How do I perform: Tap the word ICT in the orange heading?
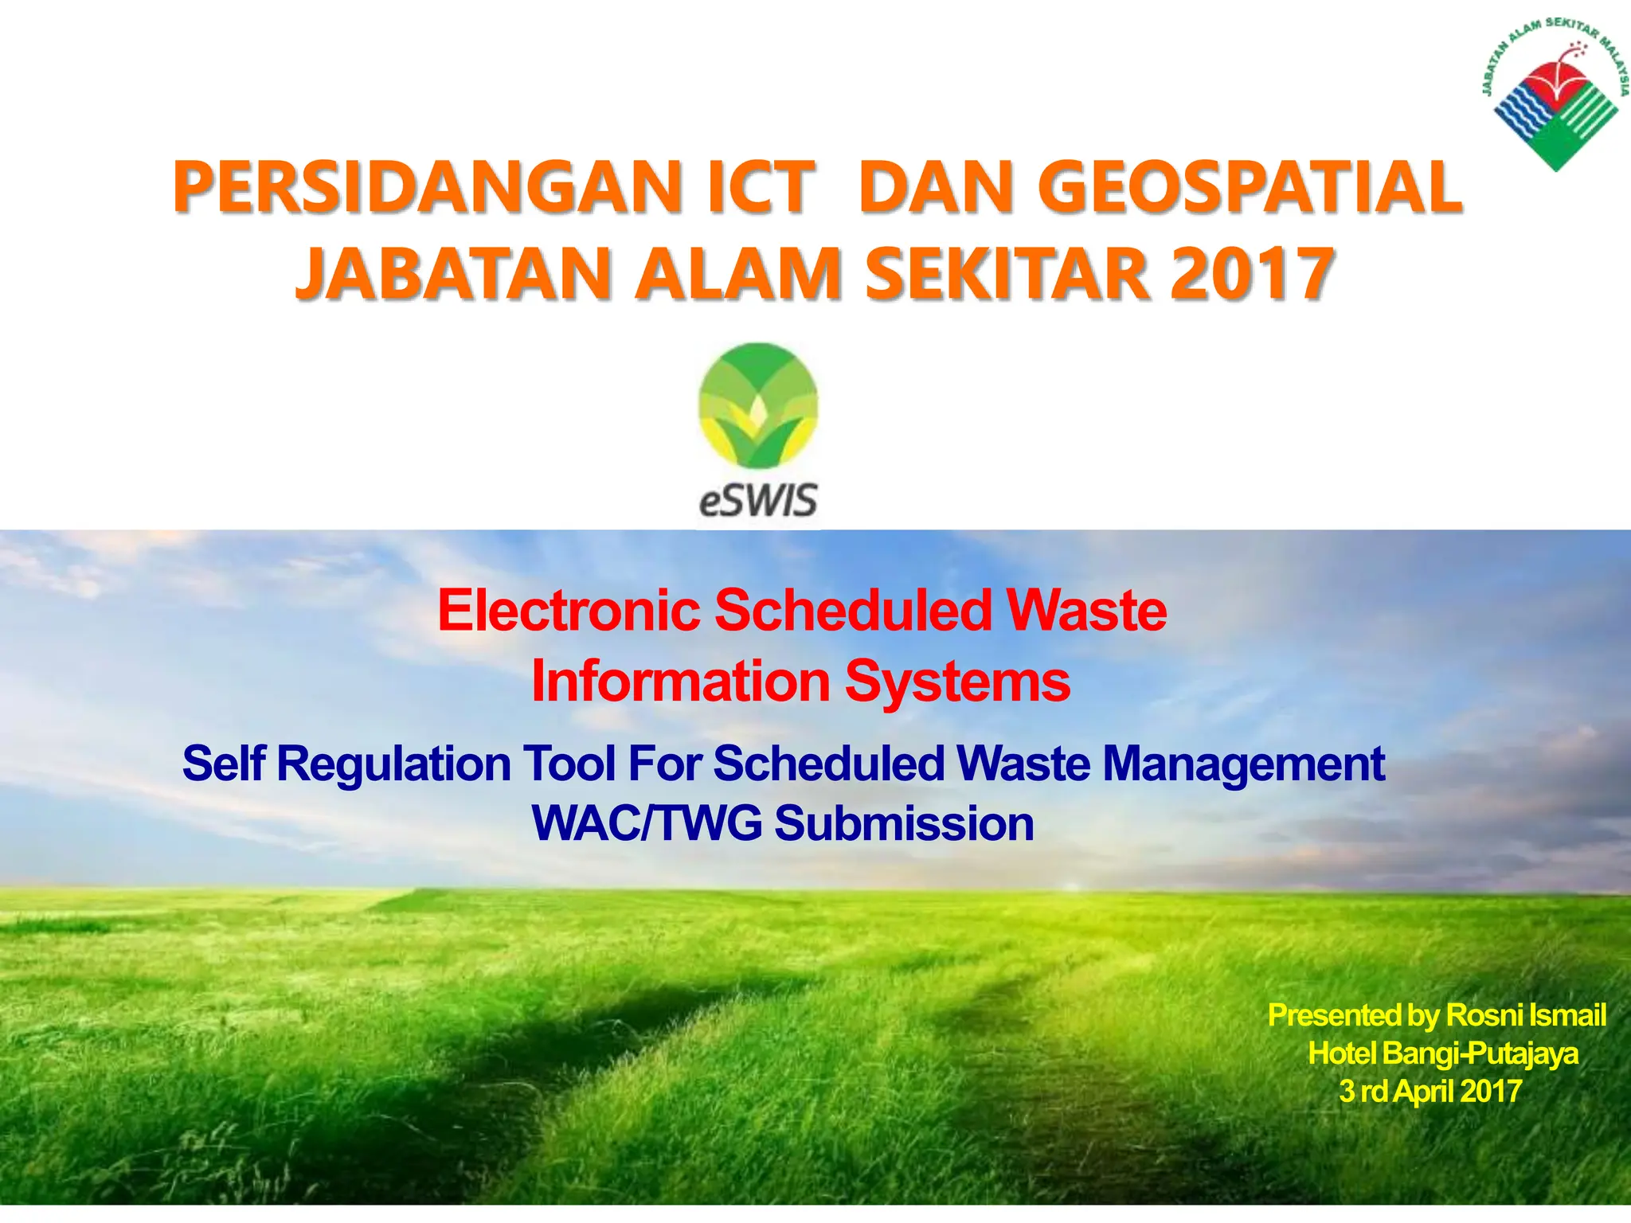click(761, 188)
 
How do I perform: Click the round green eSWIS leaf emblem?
click(758, 406)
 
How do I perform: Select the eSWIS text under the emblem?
click(758, 501)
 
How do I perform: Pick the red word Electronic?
click(569, 611)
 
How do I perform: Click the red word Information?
click(681, 682)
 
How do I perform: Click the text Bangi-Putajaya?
click(1481, 1053)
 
